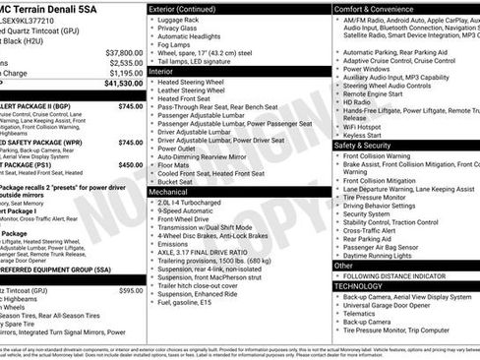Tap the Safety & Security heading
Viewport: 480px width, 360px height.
point(363,145)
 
